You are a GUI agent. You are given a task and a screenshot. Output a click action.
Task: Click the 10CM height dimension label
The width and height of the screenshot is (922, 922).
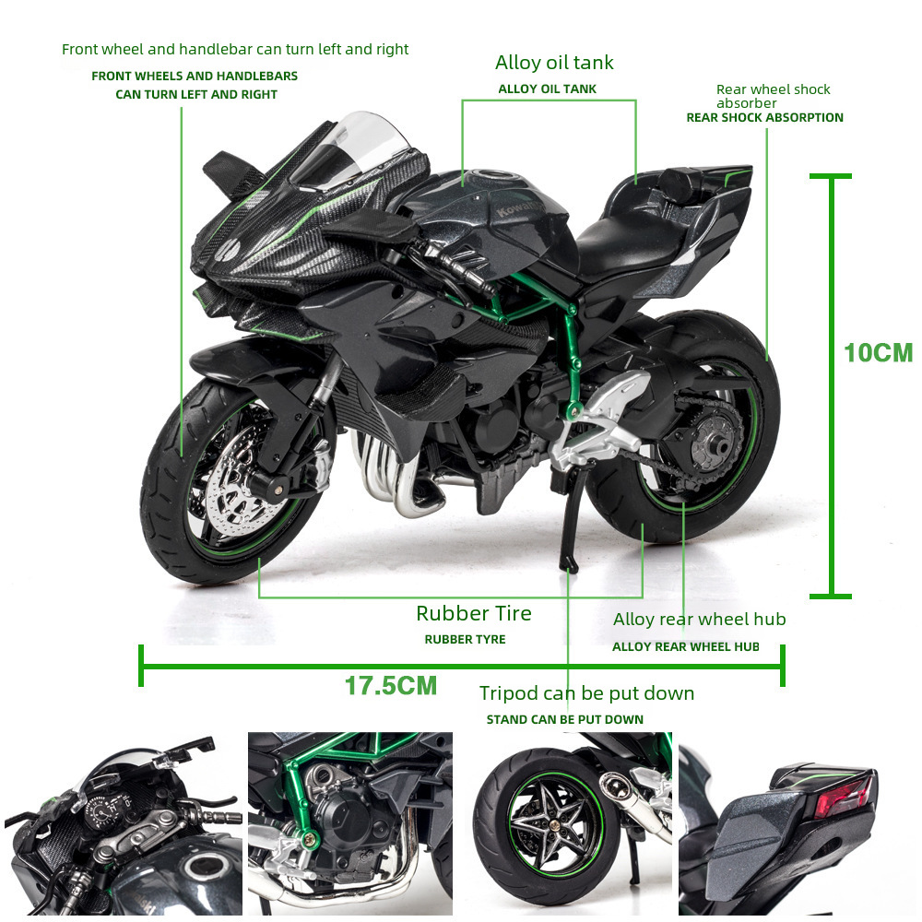tap(878, 353)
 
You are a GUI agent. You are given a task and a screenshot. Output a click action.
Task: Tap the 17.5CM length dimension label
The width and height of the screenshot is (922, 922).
tap(390, 686)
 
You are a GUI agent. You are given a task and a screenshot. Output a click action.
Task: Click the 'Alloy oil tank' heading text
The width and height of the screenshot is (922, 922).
tap(553, 63)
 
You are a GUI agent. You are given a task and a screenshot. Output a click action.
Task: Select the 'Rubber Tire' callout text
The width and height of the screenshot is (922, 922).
tap(473, 613)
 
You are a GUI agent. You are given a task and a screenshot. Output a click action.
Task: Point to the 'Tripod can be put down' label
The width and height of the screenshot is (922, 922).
tap(586, 693)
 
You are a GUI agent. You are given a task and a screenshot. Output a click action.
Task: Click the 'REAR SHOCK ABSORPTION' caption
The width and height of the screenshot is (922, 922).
tap(764, 118)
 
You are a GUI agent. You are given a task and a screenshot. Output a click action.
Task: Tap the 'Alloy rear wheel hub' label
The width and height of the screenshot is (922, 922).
tap(699, 620)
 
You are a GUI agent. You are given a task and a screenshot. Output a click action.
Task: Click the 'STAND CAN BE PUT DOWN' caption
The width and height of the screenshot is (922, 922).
tap(564, 720)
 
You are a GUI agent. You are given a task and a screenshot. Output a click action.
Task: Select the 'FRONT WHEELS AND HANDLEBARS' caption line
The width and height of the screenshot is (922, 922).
tap(190, 77)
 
